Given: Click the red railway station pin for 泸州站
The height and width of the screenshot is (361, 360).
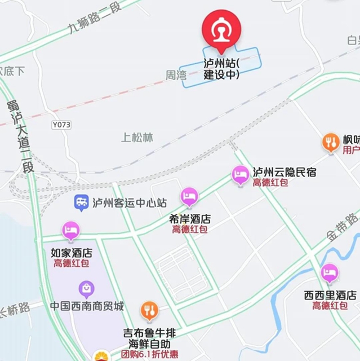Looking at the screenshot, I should [x=221, y=28].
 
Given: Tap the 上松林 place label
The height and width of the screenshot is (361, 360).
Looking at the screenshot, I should [x=137, y=137].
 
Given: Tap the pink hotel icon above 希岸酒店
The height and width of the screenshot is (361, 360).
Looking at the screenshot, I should [x=189, y=197].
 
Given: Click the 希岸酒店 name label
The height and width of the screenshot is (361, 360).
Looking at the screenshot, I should [x=190, y=218].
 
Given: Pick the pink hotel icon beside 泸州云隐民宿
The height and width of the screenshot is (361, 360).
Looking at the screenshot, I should [x=241, y=175].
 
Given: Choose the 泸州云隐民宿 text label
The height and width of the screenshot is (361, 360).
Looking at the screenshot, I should [x=285, y=172].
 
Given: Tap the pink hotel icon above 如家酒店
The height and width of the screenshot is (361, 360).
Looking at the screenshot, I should [x=71, y=230].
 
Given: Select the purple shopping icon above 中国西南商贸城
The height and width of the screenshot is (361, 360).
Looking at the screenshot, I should [x=86, y=290].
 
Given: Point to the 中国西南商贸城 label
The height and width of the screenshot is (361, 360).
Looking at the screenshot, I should [x=87, y=306].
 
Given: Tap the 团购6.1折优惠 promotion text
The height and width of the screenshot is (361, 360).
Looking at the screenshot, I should [x=150, y=354].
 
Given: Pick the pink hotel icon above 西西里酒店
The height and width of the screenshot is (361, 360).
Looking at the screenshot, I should [x=330, y=274].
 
